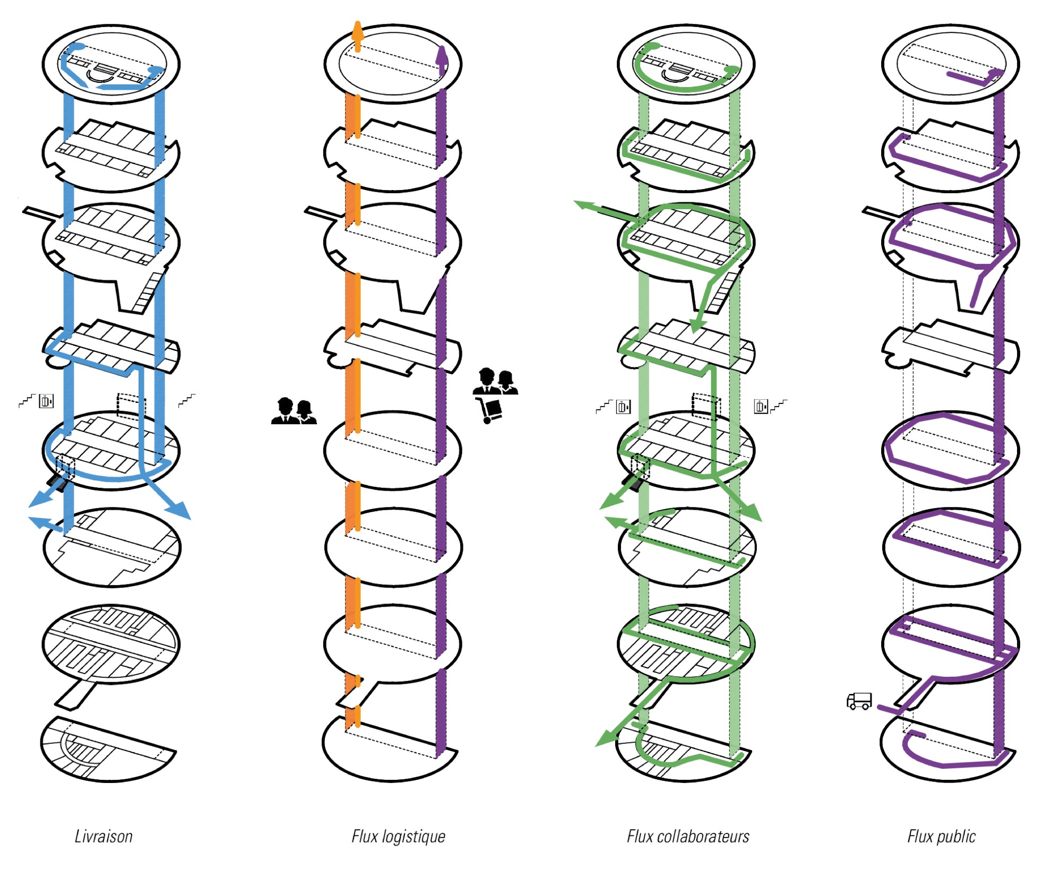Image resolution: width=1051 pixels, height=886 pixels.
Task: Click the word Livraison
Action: point(104,837)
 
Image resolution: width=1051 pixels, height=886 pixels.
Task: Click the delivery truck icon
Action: point(859,701)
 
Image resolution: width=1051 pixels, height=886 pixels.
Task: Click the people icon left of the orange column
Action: point(294,411)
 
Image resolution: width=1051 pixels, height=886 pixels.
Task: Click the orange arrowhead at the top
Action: point(357,31)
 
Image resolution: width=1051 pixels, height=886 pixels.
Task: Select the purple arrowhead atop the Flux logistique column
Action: point(442,55)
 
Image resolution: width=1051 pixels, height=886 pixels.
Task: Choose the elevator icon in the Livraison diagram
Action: point(47,401)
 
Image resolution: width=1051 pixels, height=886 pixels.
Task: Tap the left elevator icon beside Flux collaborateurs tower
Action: point(623,407)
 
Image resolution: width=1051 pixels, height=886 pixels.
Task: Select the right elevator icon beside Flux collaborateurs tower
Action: point(761,407)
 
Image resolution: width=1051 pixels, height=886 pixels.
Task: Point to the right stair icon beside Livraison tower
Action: point(187,400)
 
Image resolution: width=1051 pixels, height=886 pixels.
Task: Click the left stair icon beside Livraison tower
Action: point(27,401)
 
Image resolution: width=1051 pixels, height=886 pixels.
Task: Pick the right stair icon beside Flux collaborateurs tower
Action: point(779,406)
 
